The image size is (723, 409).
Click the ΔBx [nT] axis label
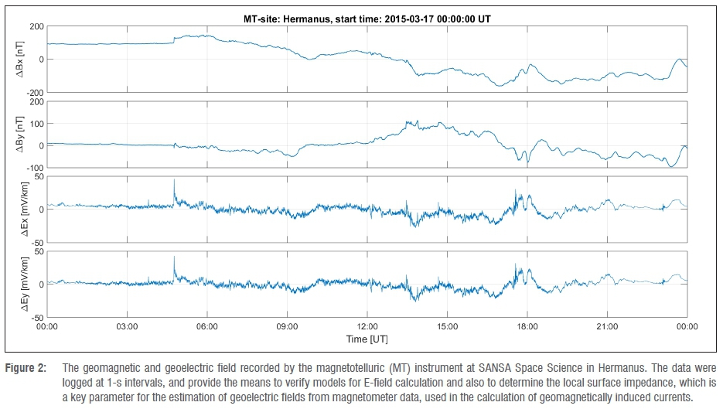pos(21,59)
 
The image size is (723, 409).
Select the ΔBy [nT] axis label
pos(21,134)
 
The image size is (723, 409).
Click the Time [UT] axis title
pos(367,339)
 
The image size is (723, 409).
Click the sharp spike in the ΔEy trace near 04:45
pos(174,257)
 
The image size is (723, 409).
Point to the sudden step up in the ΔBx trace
pos(174,39)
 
